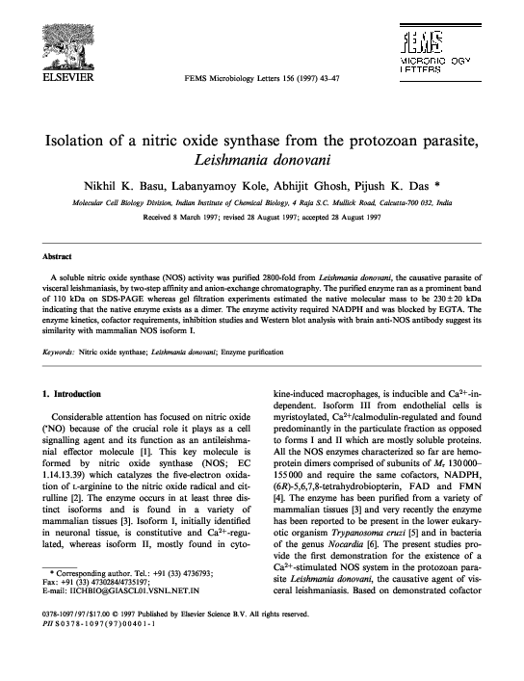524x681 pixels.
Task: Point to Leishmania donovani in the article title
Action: point(262,158)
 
